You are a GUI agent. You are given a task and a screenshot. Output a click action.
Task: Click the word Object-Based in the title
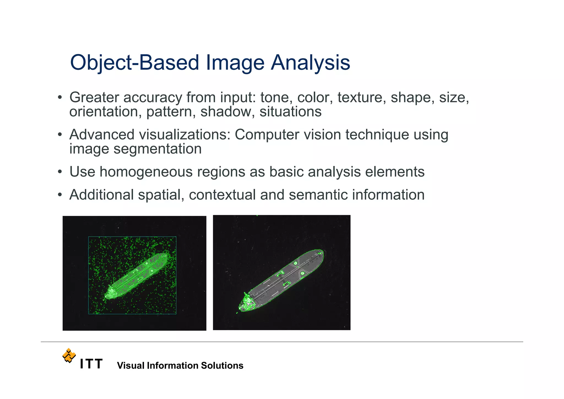pos(134,62)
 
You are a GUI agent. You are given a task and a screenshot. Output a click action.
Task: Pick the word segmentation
pos(158,149)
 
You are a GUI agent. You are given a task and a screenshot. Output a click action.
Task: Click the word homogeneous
pos(146,172)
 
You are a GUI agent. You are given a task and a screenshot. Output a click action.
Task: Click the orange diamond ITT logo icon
pos(69,355)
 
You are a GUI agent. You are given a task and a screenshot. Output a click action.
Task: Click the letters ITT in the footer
pos(91,364)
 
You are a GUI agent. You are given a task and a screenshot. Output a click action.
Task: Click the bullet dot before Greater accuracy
pos(60,98)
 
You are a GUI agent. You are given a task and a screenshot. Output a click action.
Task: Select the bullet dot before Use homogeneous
pos(60,172)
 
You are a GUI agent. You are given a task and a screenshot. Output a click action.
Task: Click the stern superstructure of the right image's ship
pos(247,302)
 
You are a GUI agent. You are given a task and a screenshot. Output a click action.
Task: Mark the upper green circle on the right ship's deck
pos(295,263)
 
